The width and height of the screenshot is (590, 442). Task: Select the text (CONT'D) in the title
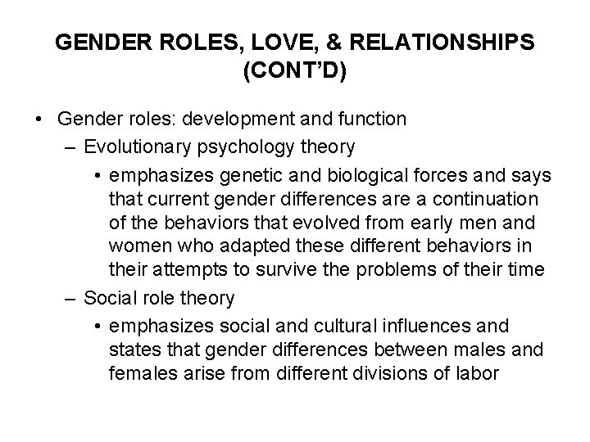point(295,71)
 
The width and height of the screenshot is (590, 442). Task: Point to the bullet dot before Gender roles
point(39,120)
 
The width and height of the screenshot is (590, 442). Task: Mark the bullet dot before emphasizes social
point(99,327)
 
